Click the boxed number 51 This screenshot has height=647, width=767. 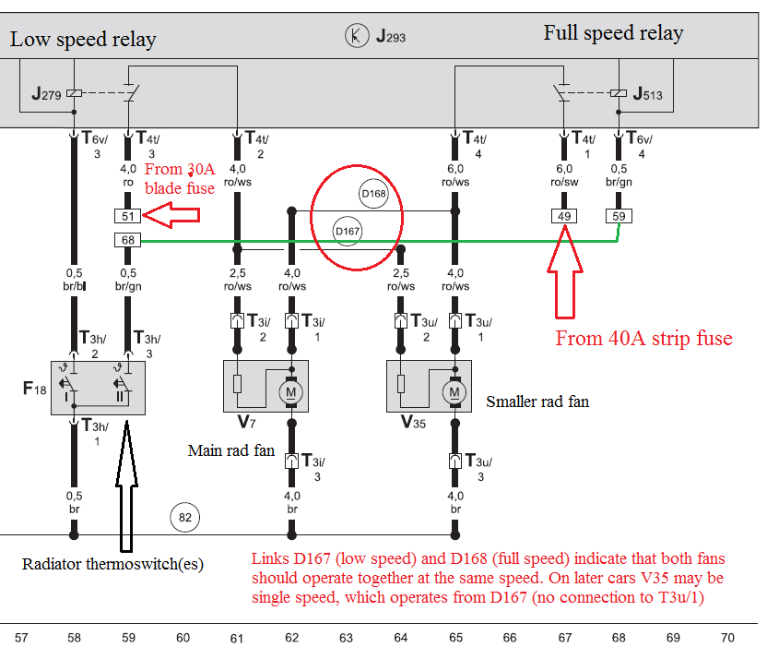click(127, 217)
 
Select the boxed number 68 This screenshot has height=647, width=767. click(127, 241)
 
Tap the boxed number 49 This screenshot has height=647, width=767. click(562, 217)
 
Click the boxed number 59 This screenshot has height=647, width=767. click(617, 217)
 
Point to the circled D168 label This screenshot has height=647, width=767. click(372, 194)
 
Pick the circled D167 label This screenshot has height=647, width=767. click(347, 231)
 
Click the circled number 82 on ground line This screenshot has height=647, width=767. click(185, 517)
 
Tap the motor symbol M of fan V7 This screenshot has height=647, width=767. click(292, 391)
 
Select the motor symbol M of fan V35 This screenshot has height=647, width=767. click(454, 391)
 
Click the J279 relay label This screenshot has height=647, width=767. click(48, 93)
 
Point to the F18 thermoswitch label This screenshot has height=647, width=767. click(34, 387)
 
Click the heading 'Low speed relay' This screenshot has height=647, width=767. click(83, 40)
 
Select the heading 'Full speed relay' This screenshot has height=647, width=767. click(613, 34)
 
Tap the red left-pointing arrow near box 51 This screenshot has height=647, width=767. click(172, 217)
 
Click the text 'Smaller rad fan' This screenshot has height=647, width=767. click(537, 401)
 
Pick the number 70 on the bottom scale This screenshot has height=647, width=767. click(727, 637)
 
